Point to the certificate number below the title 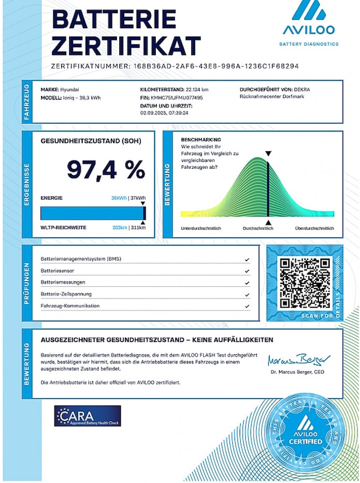tap(215, 66)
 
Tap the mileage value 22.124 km tap(197, 89)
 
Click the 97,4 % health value tap(106, 169)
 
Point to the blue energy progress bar tap(92, 213)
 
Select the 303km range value tap(120, 227)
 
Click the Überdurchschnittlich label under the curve tap(314, 228)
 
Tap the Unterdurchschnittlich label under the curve tap(201, 228)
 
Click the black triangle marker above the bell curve tap(268, 153)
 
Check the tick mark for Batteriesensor tap(247, 270)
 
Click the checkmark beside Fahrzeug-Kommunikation tap(247, 306)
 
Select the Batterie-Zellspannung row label tap(66, 294)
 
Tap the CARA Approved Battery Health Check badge tap(87, 416)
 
